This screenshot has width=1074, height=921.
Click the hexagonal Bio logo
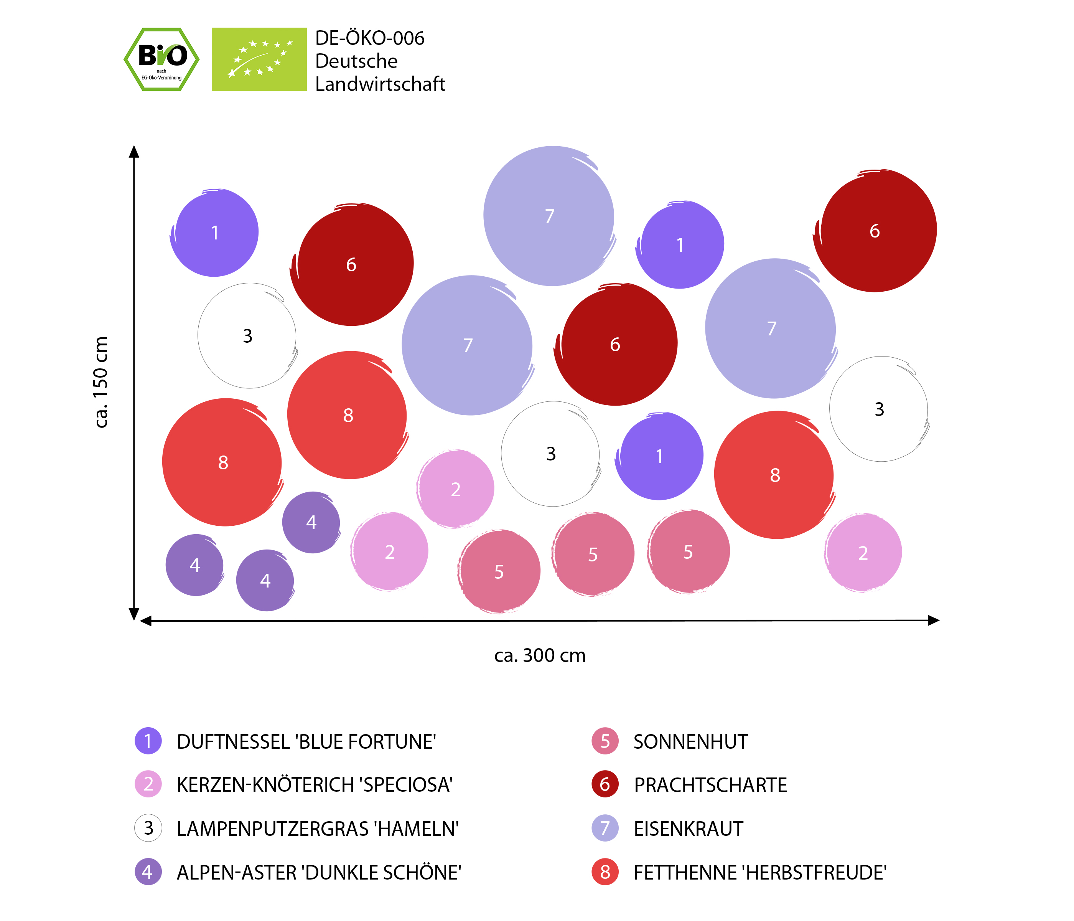coord(161,59)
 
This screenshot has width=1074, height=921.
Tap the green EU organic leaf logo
coord(259,59)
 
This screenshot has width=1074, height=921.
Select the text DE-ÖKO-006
coord(370,38)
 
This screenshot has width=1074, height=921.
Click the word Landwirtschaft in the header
coord(380,84)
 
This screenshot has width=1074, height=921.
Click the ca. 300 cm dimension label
coord(540,655)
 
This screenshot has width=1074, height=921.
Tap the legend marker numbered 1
coord(148,741)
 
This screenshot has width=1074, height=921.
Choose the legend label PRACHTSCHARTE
coord(710,785)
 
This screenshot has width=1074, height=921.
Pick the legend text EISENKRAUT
coord(689,829)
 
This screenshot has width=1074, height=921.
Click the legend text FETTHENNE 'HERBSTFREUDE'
coord(760,873)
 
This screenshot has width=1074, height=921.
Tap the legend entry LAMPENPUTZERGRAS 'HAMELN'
coord(317,829)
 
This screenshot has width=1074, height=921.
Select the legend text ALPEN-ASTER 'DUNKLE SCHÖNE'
coord(319,873)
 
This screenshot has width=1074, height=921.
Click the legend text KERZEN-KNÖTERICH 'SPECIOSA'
coord(315,785)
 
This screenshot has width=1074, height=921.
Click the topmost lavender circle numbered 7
coord(549,216)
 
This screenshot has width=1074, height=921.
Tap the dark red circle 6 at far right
coord(875,231)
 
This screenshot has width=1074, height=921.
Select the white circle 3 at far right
coord(879,409)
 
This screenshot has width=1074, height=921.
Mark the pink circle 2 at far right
coord(863,553)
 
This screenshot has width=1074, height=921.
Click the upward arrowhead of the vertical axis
coord(134,152)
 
